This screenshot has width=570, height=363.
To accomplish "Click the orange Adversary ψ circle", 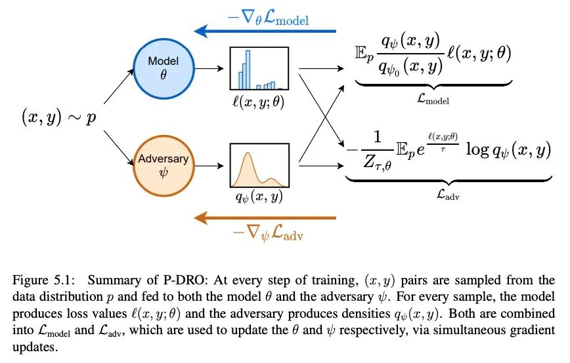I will pyautogui.click(x=162, y=164).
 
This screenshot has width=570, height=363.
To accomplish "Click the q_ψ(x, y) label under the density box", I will pyautogui.click(x=259, y=196).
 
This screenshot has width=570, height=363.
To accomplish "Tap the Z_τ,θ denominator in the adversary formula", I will pyautogui.click(x=377, y=164).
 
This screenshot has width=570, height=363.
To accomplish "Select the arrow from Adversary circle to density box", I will pyautogui.click(x=208, y=164).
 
